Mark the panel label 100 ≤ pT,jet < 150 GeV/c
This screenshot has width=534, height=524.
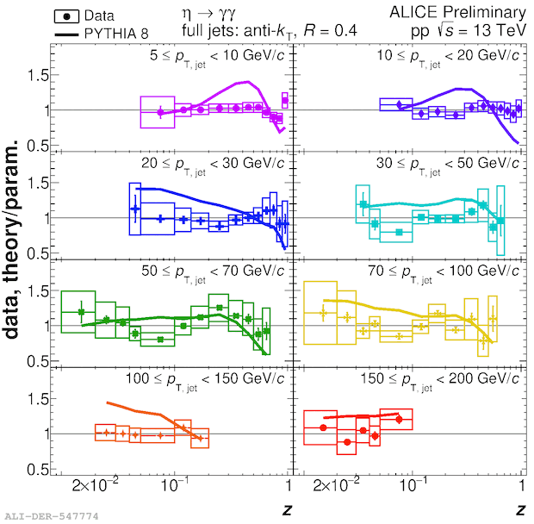(x=212, y=380)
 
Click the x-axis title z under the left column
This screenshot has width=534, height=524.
(x=287, y=509)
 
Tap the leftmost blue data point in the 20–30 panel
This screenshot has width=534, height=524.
(x=135, y=209)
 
